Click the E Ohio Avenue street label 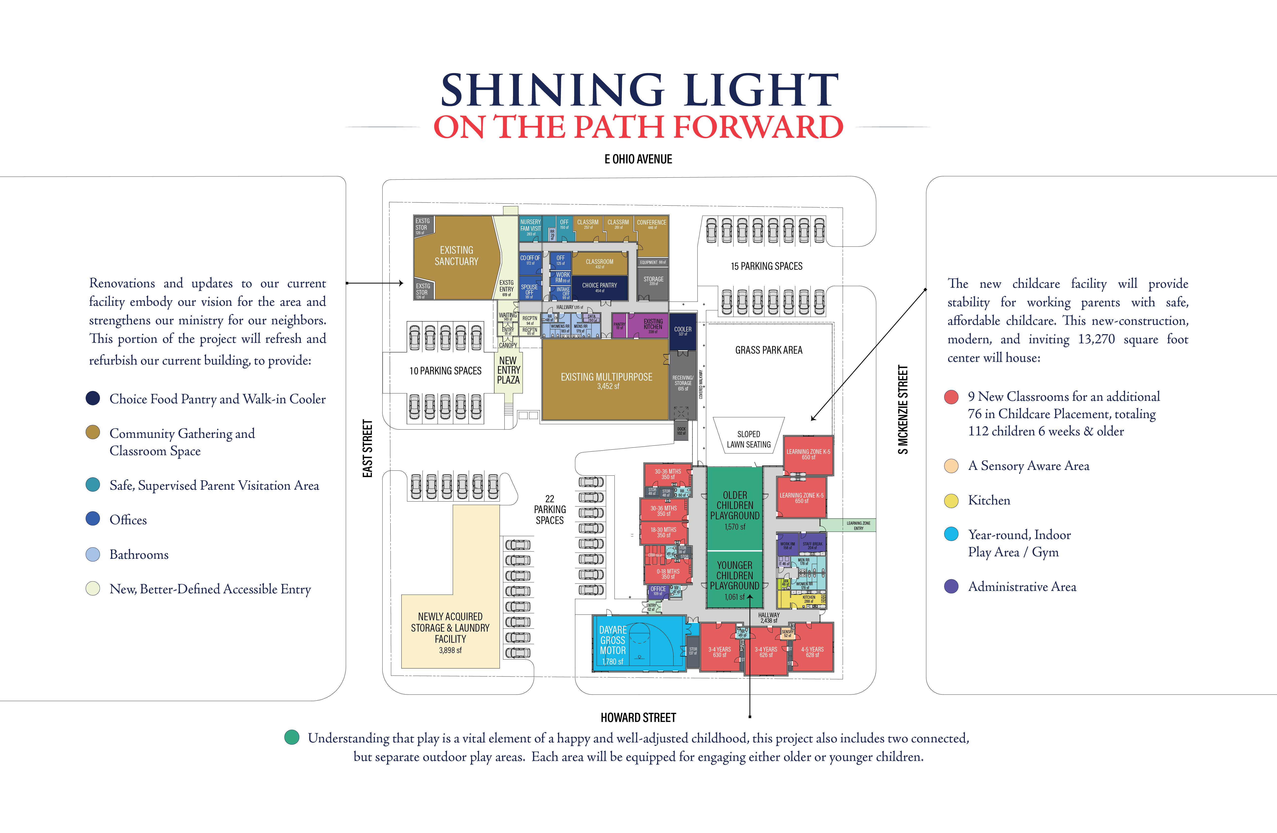pos(638,159)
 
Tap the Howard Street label pos(638,717)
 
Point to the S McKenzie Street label pos(903,409)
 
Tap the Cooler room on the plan pos(683,331)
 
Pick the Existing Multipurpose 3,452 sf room pos(606,380)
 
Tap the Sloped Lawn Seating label pos(748,439)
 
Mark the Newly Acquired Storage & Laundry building pos(450,632)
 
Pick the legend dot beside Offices pos(93,519)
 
